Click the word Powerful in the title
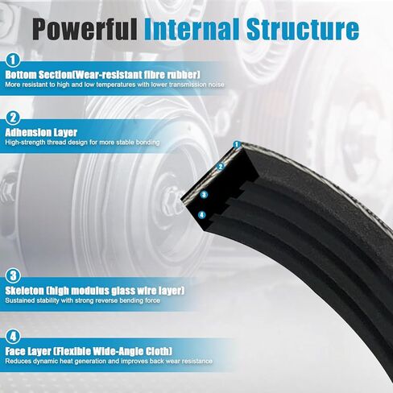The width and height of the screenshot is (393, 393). [85, 29]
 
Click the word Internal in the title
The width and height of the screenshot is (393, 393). [192, 29]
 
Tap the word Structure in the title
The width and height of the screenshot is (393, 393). [303, 29]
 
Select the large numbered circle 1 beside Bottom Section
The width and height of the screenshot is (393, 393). [13, 60]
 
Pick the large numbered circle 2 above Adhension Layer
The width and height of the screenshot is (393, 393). [13, 118]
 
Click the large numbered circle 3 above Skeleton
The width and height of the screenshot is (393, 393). [13, 275]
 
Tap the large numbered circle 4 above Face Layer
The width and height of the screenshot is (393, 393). [13, 337]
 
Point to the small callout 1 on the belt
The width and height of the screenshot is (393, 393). [236, 145]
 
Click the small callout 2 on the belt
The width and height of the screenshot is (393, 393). [221, 167]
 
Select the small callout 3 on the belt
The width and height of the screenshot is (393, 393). [204, 194]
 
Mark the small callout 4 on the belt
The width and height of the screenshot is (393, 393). [202, 215]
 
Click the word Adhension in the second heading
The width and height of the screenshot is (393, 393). [28, 132]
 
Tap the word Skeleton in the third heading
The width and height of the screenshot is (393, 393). [24, 291]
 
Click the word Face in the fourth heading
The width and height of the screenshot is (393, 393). [16, 351]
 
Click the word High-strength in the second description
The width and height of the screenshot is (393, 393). [25, 143]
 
